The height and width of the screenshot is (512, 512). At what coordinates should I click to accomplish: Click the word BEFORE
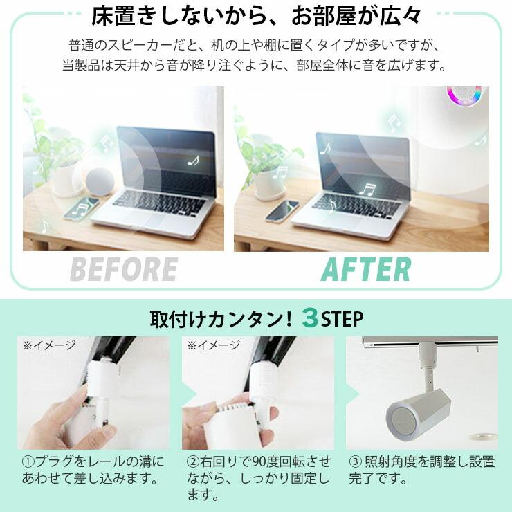point(123,269)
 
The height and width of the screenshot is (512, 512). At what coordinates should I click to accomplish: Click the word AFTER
point(366,269)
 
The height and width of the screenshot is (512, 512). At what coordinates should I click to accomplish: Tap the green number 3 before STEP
point(310,319)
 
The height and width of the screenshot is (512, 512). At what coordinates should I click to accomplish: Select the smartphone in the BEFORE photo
point(82,208)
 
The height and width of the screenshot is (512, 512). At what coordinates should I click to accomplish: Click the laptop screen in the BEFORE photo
point(170,159)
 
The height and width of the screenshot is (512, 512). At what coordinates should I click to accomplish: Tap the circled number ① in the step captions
point(28,461)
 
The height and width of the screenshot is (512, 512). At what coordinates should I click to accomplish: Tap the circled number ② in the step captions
point(194,461)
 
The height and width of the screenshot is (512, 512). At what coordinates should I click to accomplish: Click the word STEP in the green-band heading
point(342,319)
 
